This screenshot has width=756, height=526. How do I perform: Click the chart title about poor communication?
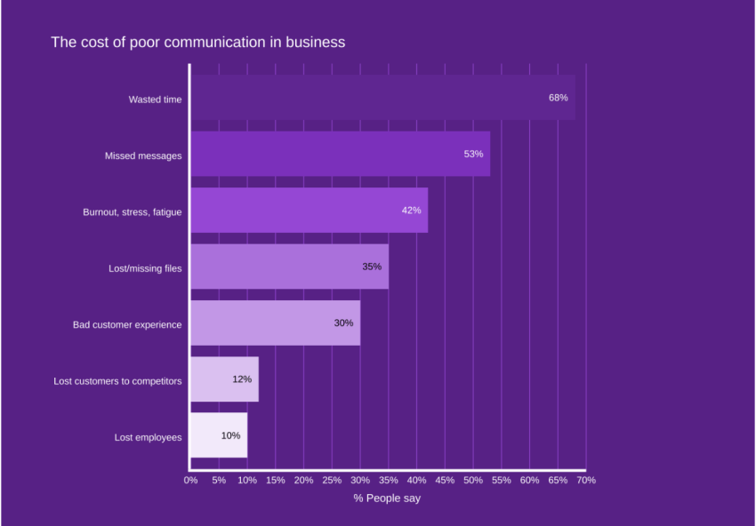(x=197, y=42)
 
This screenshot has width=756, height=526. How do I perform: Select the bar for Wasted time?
(x=382, y=98)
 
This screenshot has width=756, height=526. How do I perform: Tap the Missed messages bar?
(x=340, y=154)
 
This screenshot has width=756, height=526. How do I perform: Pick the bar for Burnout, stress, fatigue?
(x=309, y=211)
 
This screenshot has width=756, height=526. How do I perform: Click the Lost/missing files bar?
(x=289, y=267)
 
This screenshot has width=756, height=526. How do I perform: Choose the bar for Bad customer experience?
(x=275, y=323)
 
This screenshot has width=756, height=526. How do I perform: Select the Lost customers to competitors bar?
(x=224, y=379)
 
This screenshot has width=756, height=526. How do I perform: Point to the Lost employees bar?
(x=219, y=435)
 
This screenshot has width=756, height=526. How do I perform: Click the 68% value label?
(x=558, y=98)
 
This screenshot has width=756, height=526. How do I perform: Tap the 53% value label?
(x=473, y=154)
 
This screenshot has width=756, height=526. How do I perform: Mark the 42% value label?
(x=411, y=211)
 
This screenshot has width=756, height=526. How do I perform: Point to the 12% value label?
(x=242, y=379)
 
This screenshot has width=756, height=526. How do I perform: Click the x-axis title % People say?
(x=387, y=498)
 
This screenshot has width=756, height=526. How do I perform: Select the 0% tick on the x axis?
(x=190, y=480)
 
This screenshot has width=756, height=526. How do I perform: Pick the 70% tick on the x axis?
(x=585, y=480)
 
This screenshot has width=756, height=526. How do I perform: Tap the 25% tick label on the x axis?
(x=332, y=480)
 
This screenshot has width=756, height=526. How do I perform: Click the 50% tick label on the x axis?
(x=472, y=480)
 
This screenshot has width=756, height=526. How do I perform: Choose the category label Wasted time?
(x=155, y=100)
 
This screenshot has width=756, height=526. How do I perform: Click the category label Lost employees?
(x=148, y=437)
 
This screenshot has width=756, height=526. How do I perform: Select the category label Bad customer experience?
(x=127, y=324)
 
